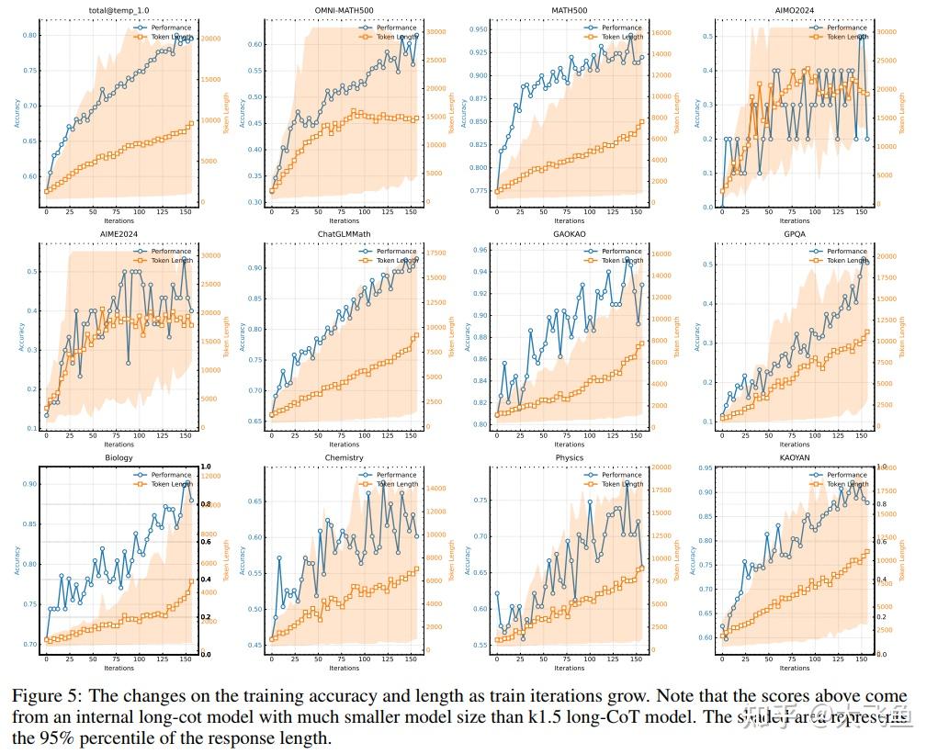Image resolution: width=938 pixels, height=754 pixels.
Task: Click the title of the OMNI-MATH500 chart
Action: pos(344,10)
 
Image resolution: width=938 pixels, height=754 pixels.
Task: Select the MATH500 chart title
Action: pos(569,10)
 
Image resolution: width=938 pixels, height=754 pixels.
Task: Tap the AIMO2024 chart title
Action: pos(795,10)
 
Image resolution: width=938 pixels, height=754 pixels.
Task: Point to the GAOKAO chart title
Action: pos(569,234)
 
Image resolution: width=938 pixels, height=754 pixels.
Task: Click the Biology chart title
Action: pos(119,457)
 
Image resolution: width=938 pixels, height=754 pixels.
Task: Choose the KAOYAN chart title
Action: pos(795,457)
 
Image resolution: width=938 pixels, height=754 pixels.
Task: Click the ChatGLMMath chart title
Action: pos(344,234)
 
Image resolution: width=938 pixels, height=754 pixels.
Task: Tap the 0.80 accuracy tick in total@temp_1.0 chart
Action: pos(28,35)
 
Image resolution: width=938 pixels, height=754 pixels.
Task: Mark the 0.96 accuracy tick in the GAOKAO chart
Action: pos(480,250)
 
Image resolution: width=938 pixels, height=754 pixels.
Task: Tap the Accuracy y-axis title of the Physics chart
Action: pos(467,560)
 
